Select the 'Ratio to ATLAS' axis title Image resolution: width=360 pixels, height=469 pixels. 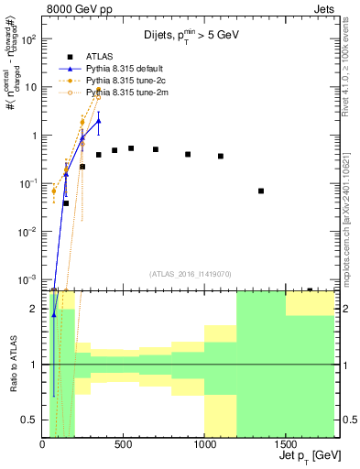tap(13, 365)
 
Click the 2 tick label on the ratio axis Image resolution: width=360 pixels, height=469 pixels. tap(35, 309)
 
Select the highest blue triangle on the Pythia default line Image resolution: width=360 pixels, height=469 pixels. tap(99, 121)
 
